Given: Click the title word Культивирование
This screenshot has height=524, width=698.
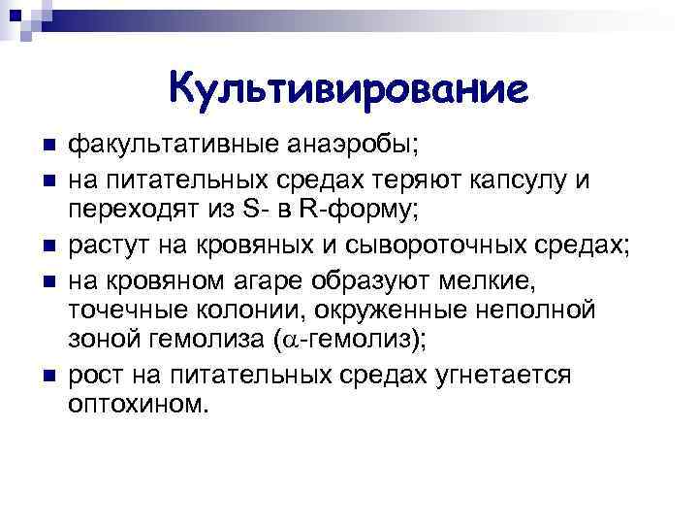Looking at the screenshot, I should (x=348, y=89).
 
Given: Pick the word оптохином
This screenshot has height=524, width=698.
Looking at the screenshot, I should (x=138, y=406).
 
